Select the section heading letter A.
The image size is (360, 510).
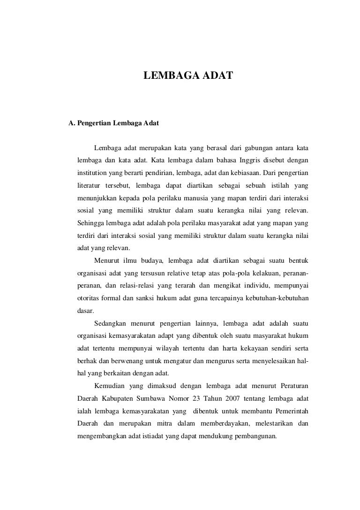pyautogui.click(x=71, y=124)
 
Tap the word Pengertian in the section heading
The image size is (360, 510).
pyautogui.click(x=93, y=124)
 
